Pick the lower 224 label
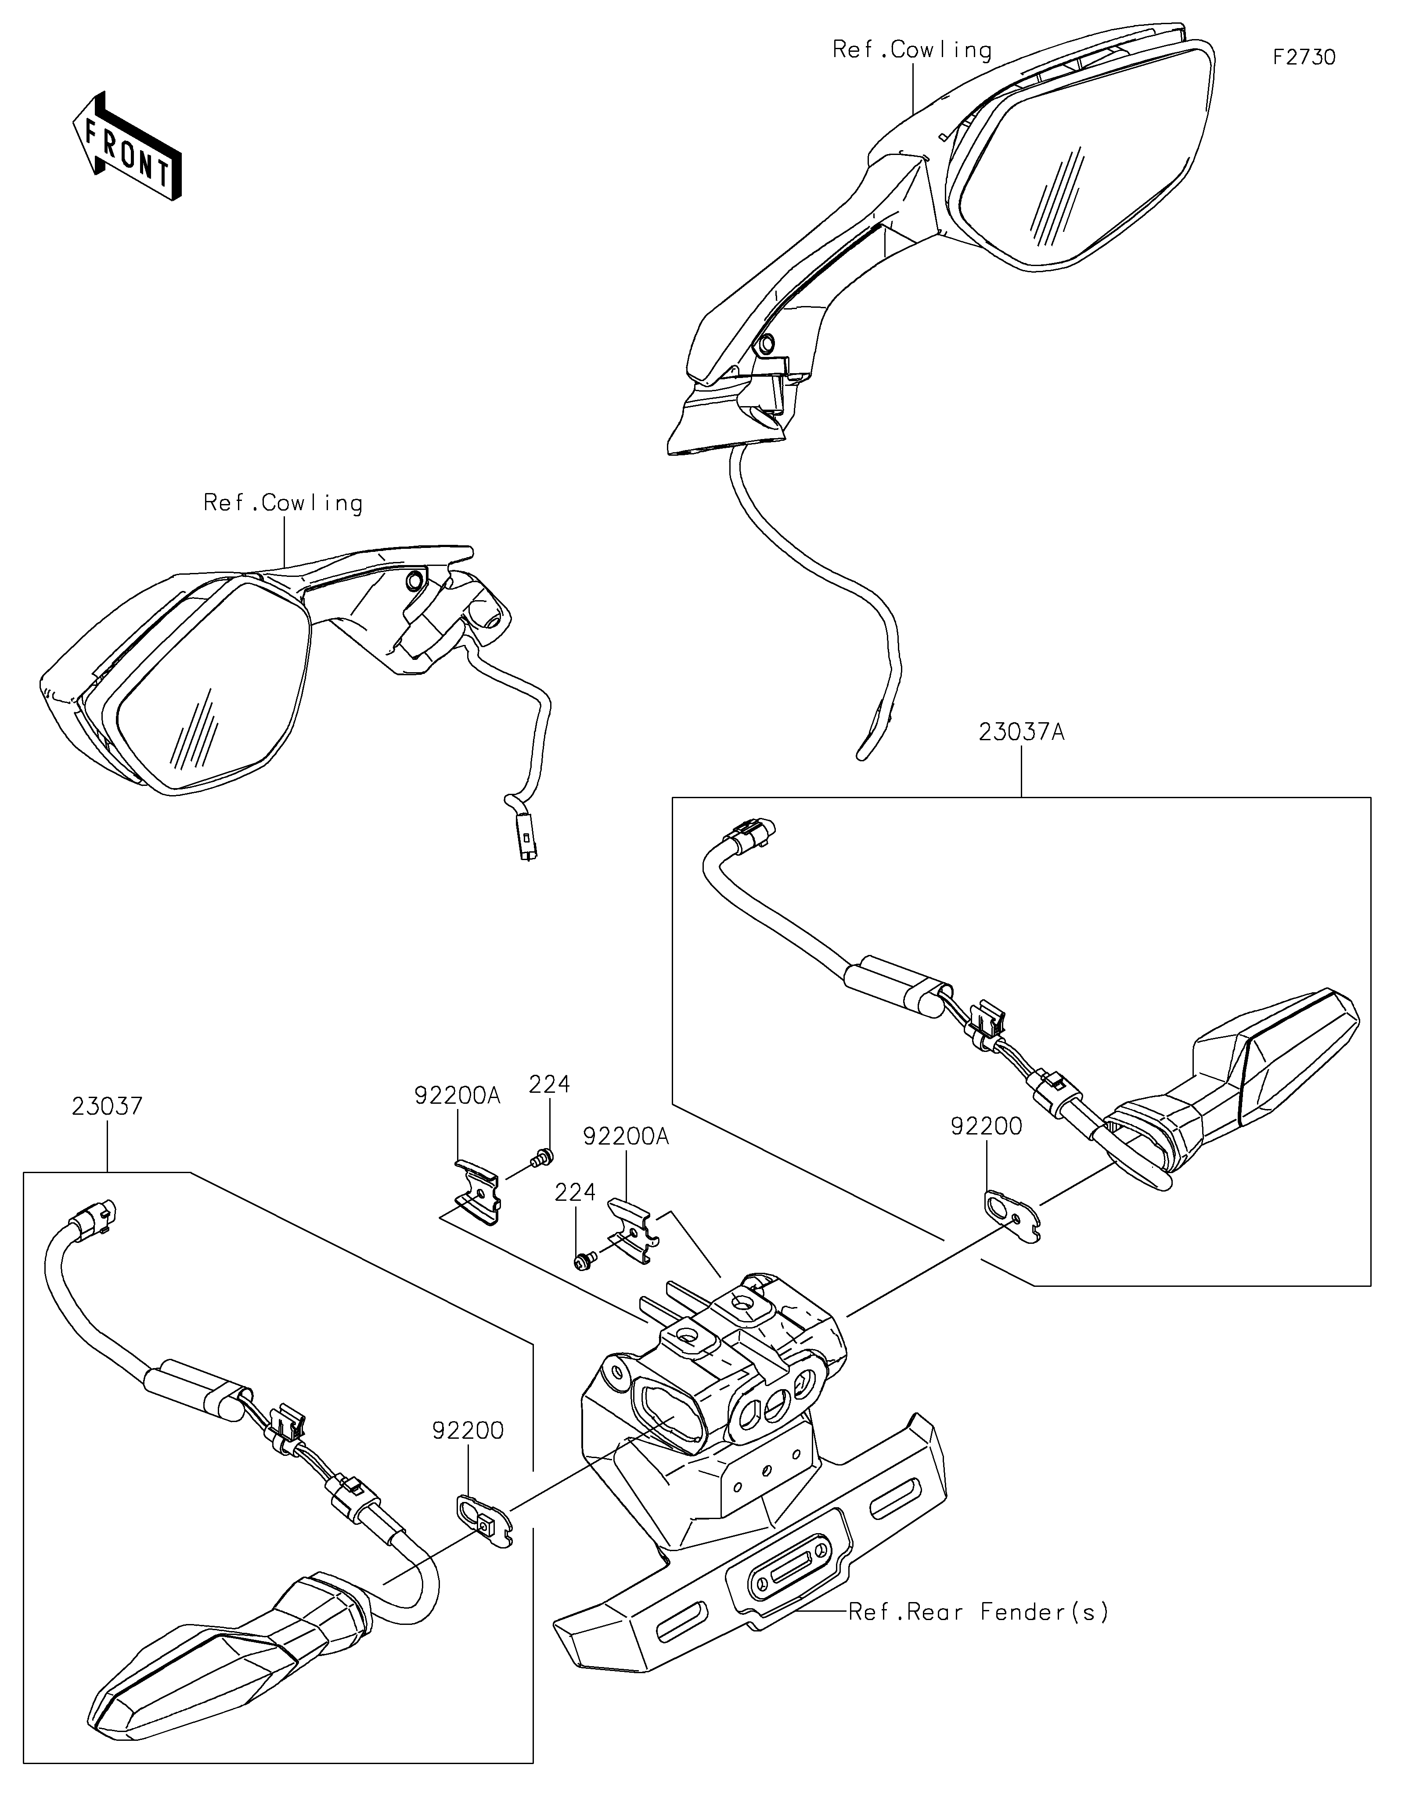(576, 1192)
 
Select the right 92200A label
(626, 1136)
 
